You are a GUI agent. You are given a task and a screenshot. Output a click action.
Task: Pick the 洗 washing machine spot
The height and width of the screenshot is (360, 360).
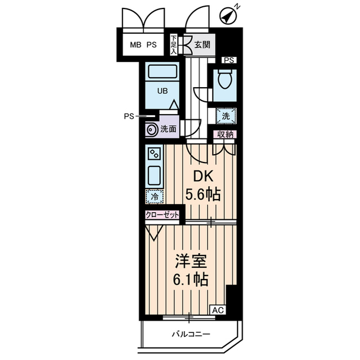(225, 116)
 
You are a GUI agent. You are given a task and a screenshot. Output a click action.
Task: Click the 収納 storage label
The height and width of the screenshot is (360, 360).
(224, 134)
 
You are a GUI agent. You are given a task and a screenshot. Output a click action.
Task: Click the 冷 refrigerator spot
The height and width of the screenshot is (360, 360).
(154, 197)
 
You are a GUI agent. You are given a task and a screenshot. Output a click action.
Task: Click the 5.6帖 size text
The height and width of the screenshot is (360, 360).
(202, 195)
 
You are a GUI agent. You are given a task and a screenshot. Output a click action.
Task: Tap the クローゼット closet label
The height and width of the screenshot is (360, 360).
(162, 215)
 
